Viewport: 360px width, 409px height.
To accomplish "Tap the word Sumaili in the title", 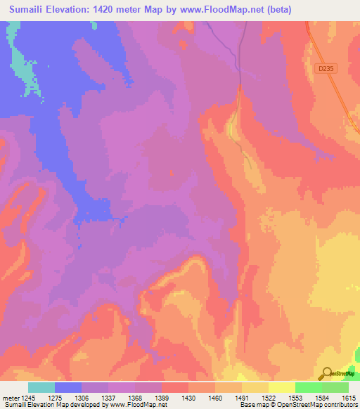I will tap(30, 10).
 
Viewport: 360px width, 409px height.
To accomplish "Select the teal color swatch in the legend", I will tap(41, 387).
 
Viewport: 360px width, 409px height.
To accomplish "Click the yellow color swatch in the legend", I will tap(282, 387).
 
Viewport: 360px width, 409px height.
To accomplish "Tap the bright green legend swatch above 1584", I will tap(309, 387).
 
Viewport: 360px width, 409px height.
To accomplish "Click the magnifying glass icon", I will tap(326, 374).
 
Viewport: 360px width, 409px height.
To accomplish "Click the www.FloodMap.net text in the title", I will tap(217, 10).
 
